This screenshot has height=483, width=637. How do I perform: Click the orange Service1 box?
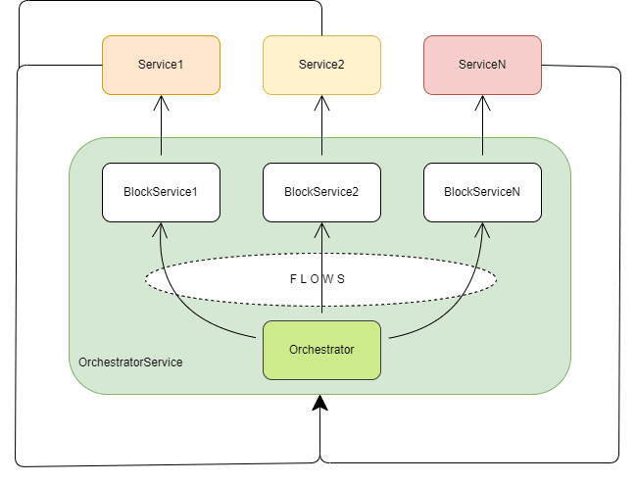click(x=161, y=65)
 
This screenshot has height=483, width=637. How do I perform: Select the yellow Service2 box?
click(x=321, y=65)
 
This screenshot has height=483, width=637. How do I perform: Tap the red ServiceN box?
click(x=482, y=65)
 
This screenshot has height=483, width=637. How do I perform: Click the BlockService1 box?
click(x=161, y=192)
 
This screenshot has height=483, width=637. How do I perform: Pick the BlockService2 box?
click(x=321, y=192)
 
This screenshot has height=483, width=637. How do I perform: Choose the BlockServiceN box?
click(x=482, y=192)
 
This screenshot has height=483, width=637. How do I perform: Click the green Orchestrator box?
click(x=321, y=350)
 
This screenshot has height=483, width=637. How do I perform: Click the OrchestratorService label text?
click(x=130, y=362)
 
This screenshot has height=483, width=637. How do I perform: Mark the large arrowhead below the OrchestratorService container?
click(x=320, y=403)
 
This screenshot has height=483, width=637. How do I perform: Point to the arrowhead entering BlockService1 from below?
click(x=161, y=228)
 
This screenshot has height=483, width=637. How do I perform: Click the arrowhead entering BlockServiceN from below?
click(x=482, y=228)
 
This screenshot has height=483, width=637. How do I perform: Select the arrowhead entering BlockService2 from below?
click(x=321, y=228)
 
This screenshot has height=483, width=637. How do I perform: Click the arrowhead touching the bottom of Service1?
click(x=161, y=101)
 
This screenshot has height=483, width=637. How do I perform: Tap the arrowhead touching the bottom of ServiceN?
click(x=482, y=101)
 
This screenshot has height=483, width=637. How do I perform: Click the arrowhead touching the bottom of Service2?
click(x=321, y=101)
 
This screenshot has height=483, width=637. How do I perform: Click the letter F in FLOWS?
click(x=294, y=279)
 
